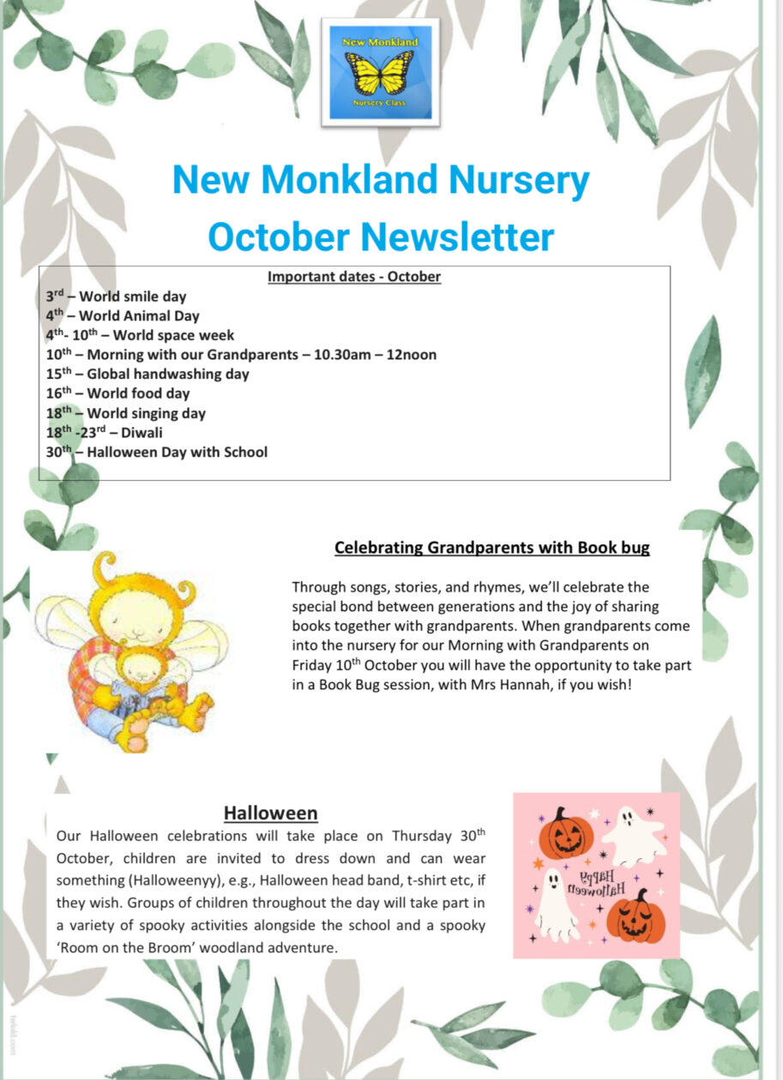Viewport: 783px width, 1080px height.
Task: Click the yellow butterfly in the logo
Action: (384, 73)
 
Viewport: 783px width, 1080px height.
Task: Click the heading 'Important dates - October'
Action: (353, 277)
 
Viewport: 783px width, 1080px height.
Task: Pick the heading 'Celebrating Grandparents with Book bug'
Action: (491, 548)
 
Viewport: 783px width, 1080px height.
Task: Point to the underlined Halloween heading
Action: (270, 812)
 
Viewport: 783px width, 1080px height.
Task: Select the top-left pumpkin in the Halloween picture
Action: (565, 834)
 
